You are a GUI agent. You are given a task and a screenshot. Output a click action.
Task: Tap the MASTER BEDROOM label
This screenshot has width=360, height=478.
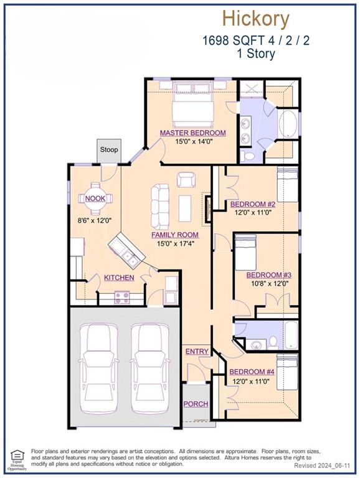[x=192, y=133]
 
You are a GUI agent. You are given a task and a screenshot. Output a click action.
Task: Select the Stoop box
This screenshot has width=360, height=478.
[x=110, y=150]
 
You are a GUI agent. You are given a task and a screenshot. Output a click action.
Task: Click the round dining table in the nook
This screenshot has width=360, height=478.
[x=96, y=199]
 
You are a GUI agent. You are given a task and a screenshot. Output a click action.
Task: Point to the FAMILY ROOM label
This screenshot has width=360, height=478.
[x=175, y=235]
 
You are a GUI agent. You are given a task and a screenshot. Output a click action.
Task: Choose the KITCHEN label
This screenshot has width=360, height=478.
[x=119, y=278]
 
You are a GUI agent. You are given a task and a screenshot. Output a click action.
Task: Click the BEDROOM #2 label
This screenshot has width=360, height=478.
[x=253, y=204]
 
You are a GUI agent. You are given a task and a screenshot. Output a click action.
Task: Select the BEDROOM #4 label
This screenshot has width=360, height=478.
[x=253, y=372]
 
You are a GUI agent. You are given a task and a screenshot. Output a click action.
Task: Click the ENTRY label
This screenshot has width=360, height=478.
[x=197, y=352]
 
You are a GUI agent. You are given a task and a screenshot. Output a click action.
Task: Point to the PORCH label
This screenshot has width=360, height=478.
[x=196, y=404]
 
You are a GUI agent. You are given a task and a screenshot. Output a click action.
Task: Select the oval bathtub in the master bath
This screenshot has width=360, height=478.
[x=288, y=124]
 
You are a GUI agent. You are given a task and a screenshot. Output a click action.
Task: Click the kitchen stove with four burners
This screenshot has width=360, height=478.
[x=122, y=297]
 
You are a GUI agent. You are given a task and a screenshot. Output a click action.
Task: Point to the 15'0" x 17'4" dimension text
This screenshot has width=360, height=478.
[x=175, y=244]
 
